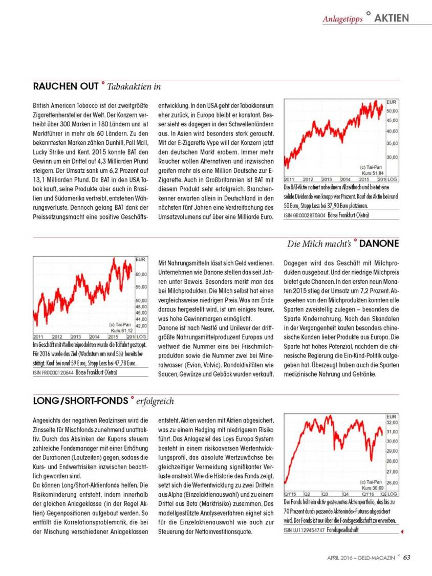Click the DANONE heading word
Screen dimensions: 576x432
pos(379,244)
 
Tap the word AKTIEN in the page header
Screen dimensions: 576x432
pos(392,18)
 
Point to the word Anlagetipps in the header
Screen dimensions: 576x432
pos(342,19)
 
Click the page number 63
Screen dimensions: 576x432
pos(406,558)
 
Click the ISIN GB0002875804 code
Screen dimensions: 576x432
pos(305,216)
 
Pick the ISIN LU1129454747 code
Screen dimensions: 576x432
pos(305,530)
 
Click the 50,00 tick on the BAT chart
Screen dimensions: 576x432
pos(393,110)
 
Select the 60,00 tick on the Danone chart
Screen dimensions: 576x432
pos(142,275)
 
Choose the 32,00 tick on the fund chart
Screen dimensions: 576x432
pos(392,423)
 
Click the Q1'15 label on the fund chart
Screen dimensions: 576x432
pos(290,494)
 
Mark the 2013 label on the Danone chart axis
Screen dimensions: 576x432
pos(76,337)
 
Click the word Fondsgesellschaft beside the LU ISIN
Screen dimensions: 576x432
pos(343,530)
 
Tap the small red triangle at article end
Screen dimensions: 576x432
pos(402,532)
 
